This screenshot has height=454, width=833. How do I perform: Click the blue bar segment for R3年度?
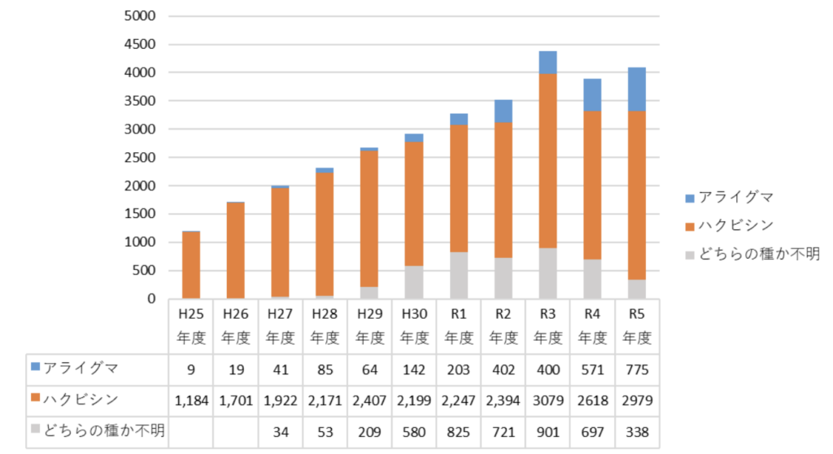[547, 63]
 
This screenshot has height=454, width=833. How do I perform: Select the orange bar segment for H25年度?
[191, 264]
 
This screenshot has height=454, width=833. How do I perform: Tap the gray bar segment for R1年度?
[460, 275]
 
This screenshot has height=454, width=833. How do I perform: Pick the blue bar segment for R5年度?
[636, 89]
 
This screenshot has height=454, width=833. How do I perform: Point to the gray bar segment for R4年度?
[592, 279]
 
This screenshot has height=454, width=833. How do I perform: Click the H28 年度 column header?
[325, 325]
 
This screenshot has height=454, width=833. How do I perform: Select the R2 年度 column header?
[504, 325]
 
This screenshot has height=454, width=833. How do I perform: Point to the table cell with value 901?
[547, 430]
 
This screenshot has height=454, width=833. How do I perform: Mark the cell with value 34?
[281, 430]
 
